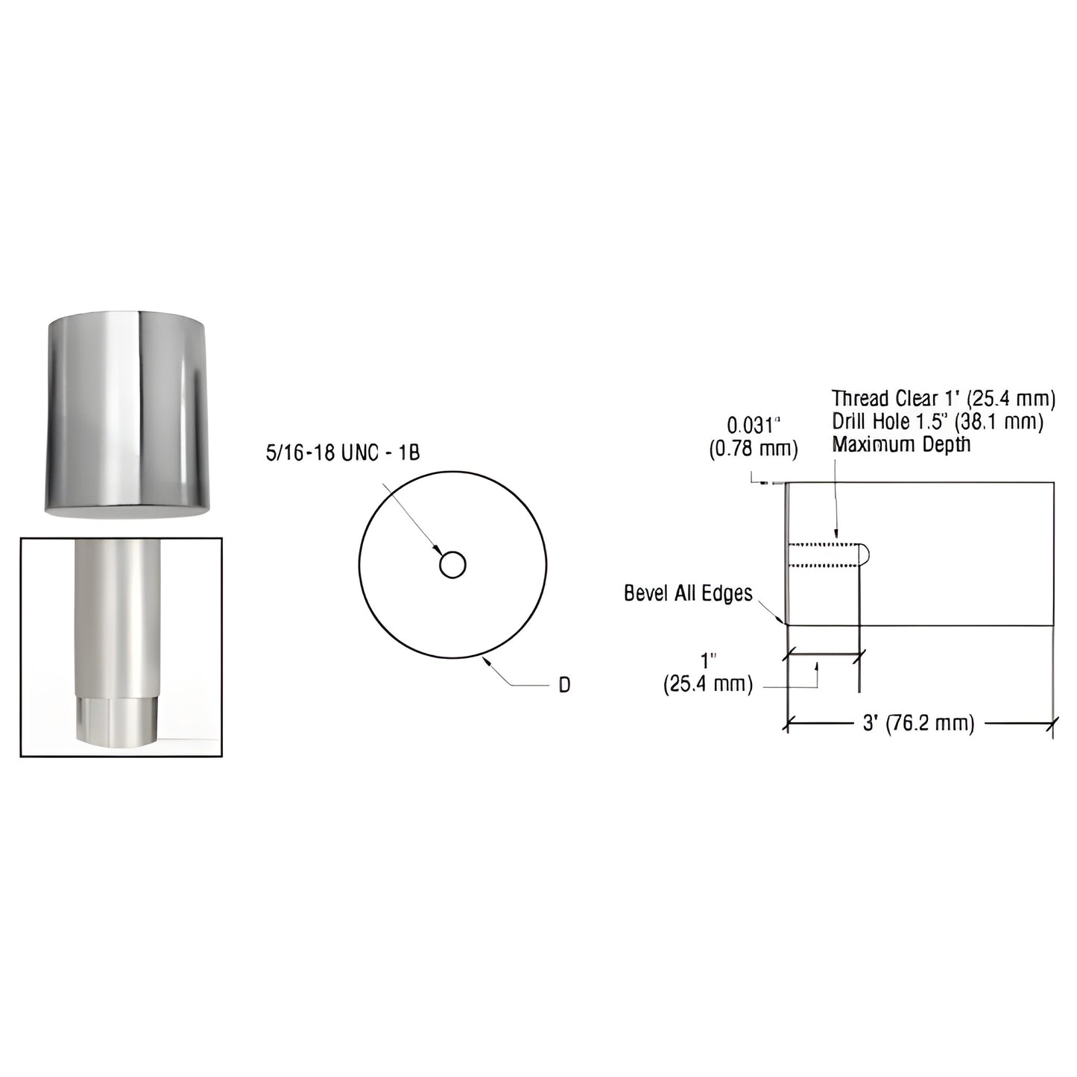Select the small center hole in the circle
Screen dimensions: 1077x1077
(452, 565)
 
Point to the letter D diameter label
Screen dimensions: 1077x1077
(564, 685)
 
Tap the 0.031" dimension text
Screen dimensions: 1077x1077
(752, 426)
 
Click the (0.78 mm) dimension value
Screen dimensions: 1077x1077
(752, 449)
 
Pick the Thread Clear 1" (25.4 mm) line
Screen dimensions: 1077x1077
(943, 399)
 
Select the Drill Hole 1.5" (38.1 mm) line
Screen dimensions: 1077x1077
(937, 422)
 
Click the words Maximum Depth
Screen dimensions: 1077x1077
(901, 445)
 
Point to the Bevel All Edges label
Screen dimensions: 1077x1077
(688, 593)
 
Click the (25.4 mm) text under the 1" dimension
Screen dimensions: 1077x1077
(707, 684)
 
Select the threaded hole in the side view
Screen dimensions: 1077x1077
(824, 555)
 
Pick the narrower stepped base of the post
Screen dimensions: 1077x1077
(118, 721)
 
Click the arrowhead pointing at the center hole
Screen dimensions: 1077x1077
(436, 550)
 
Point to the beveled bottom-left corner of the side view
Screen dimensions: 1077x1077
(785, 621)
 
